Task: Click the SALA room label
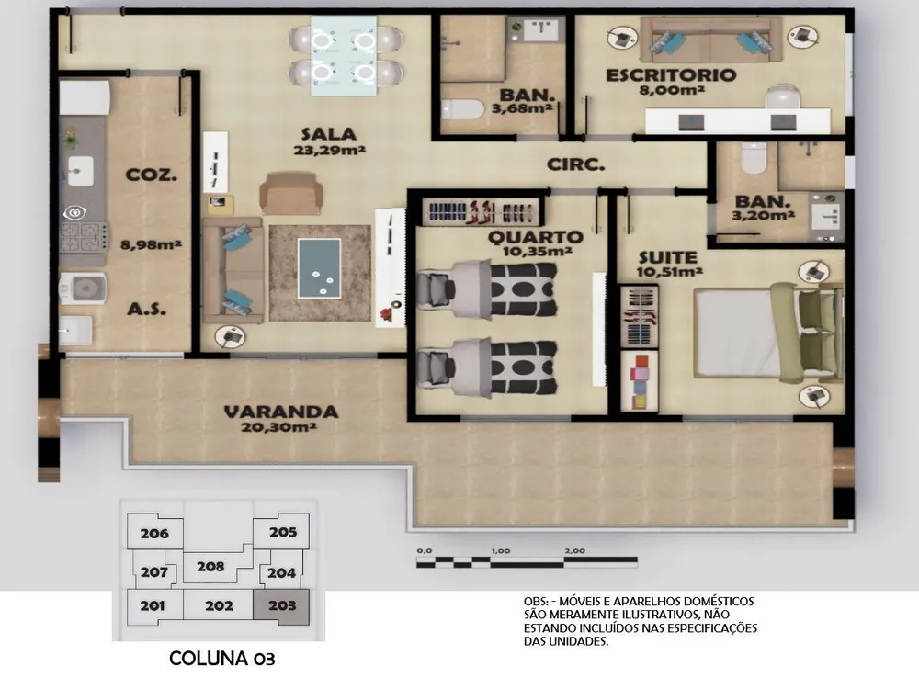329,134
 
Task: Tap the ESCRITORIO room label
671,75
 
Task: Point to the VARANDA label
281,412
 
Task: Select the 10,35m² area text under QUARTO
538,252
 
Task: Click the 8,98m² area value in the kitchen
151,245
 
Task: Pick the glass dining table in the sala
344,56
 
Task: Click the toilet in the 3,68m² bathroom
462,109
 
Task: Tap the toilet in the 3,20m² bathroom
754,158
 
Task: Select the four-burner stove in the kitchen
85,237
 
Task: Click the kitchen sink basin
80,171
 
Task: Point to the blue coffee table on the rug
320,268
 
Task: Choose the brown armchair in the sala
291,193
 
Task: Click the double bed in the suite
767,333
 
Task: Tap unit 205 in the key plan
283,532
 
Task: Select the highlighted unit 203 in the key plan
281,606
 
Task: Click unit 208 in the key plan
210,567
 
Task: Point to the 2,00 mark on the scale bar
575,550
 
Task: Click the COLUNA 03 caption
222,659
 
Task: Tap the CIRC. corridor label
575,164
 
